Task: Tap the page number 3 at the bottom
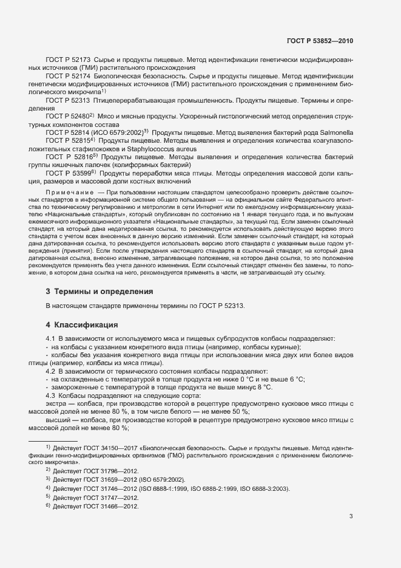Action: click(351, 516)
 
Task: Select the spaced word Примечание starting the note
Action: click(70, 192)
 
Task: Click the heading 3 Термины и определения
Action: click(99, 292)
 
